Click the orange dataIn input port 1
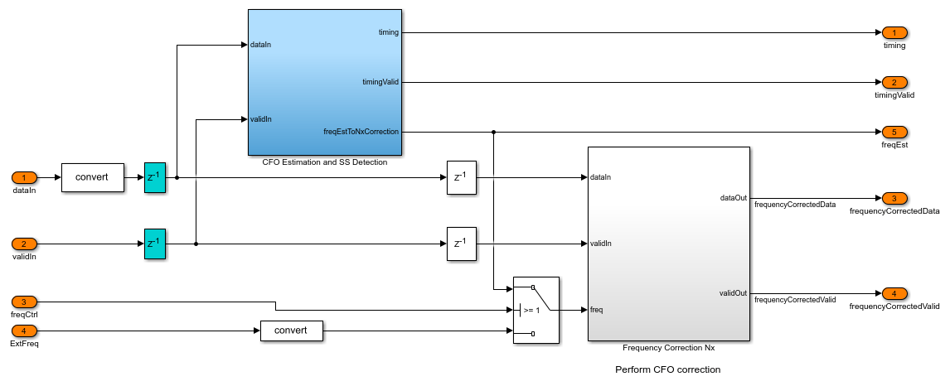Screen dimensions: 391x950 tap(24, 177)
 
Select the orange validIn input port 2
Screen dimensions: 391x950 tap(24, 244)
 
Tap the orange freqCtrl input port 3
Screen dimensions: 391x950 tap(24, 302)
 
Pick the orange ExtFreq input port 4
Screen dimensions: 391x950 tap(24, 331)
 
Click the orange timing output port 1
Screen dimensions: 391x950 tap(894, 32)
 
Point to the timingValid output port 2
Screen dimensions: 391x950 tap(894, 82)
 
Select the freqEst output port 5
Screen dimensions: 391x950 tap(894, 132)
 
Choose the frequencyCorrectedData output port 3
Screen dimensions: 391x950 tap(894, 198)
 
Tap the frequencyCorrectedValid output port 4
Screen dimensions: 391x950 tap(894, 293)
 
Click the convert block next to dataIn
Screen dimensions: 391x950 tap(92, 177)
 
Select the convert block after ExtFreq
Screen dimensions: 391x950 tap(291, 331)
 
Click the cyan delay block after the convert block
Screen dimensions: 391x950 tap(155, 177)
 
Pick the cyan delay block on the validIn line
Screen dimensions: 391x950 tap(155, 244)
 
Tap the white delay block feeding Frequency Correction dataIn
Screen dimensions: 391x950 tap(462, 177)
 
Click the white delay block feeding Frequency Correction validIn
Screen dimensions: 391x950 tap(462, 244)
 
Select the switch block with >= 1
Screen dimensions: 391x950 tap(536, 310)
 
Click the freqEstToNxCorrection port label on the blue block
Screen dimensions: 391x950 tap(361, 132)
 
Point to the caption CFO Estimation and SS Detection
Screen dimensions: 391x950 tap(324, 162)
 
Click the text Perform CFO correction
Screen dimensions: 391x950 tap(667, 369)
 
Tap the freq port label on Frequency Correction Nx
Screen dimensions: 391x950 tap(597, 310)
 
